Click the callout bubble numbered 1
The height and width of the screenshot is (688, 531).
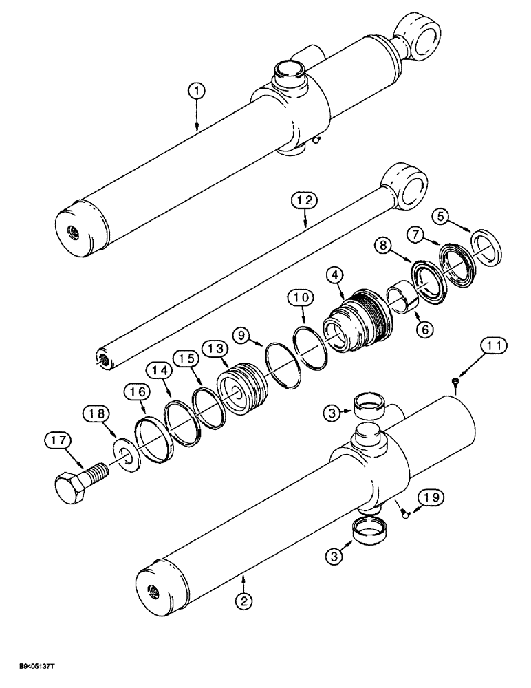click(x=197, y=90)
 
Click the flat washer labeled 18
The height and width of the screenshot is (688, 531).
click(x=124, y=458)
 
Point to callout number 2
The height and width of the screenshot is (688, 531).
click(x=242, y=599)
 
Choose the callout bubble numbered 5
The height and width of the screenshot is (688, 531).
click(x=443, y=215)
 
